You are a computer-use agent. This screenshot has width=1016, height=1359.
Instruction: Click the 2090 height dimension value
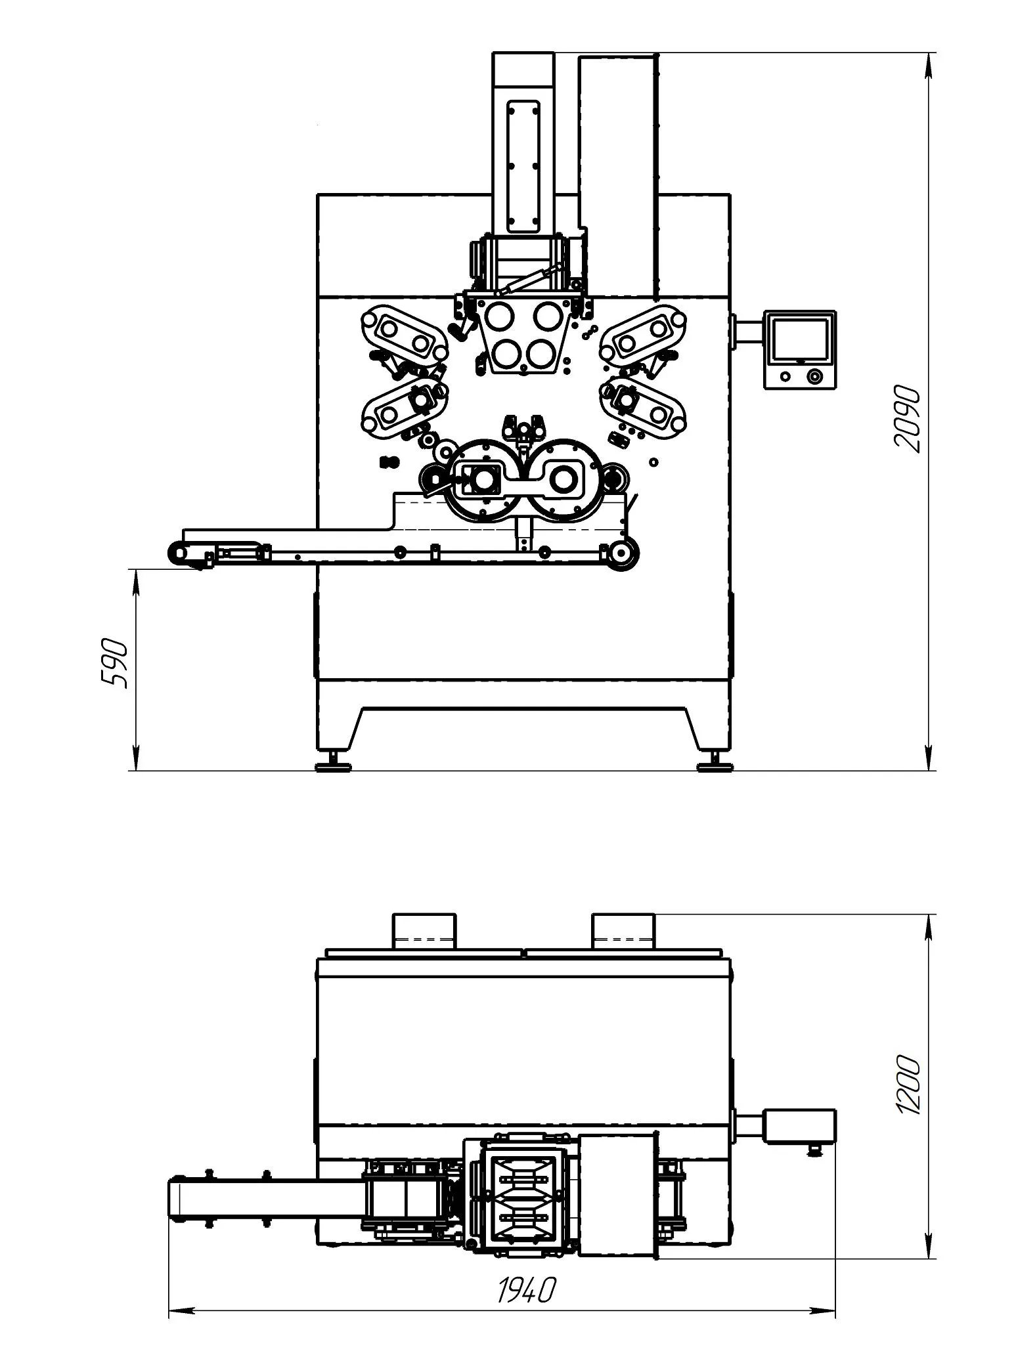tap(907, 418)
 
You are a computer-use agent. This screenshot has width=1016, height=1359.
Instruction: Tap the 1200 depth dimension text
tap(907, 1075)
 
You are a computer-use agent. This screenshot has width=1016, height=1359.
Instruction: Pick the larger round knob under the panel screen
tap(815, 376)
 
